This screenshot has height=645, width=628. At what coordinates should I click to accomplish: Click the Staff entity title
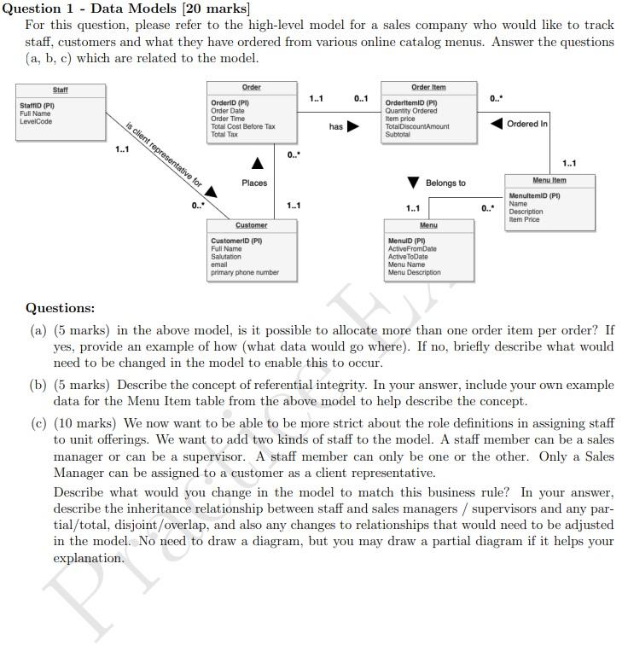60,90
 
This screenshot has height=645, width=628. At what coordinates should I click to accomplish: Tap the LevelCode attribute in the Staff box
36,121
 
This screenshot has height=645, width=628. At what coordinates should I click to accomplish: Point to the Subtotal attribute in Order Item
398,134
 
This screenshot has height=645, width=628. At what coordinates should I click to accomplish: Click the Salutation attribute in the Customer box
226,257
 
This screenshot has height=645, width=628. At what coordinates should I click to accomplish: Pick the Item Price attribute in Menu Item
524,219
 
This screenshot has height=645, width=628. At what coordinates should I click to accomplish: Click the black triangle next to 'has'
352,127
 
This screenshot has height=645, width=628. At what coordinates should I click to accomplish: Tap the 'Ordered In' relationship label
527,124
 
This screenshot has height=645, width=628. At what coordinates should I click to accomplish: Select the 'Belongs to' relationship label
445,183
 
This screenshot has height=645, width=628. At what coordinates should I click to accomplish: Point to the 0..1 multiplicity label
361,99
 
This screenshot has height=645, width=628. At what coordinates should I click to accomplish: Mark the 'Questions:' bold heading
61,308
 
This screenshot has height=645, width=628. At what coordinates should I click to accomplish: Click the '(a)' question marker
38,329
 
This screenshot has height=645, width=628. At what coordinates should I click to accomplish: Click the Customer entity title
251,225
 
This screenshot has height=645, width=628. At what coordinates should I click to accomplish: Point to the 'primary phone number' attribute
245,272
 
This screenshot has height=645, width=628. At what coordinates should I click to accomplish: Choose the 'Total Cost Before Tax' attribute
243,126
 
